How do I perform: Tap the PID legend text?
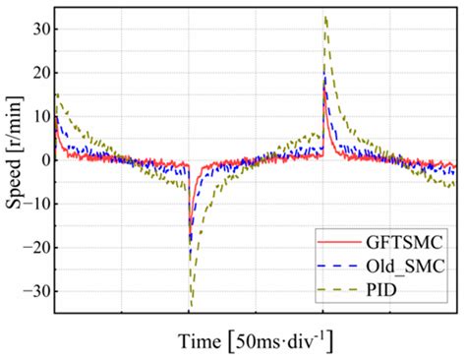coord(379,288)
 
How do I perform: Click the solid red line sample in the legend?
coord(336,239)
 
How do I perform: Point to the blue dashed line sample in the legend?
coord(336,264)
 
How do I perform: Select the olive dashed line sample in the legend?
coord(336,288)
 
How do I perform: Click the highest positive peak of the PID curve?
coord(325,17)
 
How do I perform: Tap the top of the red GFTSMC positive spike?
coord(323,91)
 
